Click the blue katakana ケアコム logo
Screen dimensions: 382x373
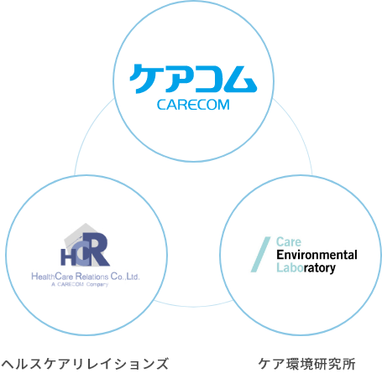pyautogui.click(x=193, y=79)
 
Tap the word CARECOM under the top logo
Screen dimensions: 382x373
pyautogui.click(x=193, y=105)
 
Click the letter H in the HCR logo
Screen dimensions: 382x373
pyautogui.click(x=66, y=257)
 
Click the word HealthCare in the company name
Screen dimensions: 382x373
pyautogui.click(x=52, y=277)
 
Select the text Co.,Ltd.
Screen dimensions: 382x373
pyautogui.click(x=125, y=277)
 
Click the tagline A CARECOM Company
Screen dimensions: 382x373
pyautogui.click(x=80, y=284)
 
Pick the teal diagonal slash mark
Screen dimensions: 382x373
pyautogui.click(x=260, y=255)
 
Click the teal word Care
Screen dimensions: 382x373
pyautogui.click(x=289, y=242)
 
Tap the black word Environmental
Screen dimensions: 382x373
pyautogui.click(x=317, y=255)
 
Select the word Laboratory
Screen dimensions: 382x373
pyautogui.click(x=306, y=268)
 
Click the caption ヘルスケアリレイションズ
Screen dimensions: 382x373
pyautogui.click(x=85, y=364)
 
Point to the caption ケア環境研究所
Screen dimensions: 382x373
pyautogui.click(x=307, y=364)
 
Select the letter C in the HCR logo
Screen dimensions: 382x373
pyautogui.click(x=81, y=253)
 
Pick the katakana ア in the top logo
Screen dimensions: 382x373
pyautogui.click(x=176, y=80)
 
